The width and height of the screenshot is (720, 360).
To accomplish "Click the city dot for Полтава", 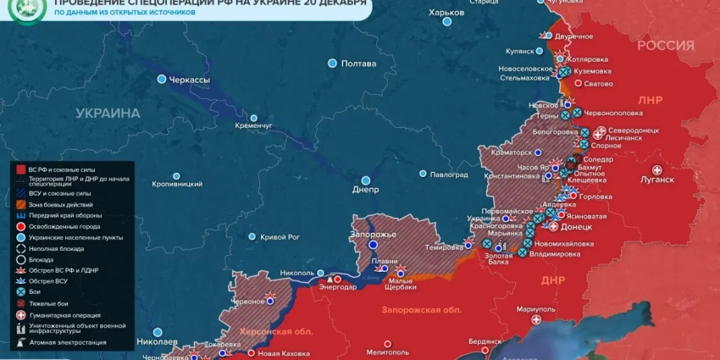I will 333,64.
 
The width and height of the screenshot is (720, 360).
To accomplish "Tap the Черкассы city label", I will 190,79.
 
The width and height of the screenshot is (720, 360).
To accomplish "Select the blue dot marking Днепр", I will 366,180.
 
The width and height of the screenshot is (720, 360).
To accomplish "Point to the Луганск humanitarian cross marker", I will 657,169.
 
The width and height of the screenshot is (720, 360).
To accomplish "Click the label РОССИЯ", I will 666,45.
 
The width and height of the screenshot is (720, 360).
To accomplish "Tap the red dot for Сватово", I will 579,83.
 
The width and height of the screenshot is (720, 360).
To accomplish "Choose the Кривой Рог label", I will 280,237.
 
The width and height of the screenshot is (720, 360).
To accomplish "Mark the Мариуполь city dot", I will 535,320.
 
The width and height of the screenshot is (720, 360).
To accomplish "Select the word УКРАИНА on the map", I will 108,113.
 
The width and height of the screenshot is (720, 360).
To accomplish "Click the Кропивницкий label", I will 177,184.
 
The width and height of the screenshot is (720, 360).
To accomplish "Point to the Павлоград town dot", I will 423,174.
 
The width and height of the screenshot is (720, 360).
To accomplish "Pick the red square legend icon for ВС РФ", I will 20,169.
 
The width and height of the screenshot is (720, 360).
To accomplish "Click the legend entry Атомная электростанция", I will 67,342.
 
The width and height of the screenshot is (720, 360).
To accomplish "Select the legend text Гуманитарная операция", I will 70,314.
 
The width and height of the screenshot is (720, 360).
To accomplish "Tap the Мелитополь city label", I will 388,352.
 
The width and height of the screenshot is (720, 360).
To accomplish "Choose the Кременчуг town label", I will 253,126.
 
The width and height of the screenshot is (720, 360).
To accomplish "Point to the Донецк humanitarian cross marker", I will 553,226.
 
